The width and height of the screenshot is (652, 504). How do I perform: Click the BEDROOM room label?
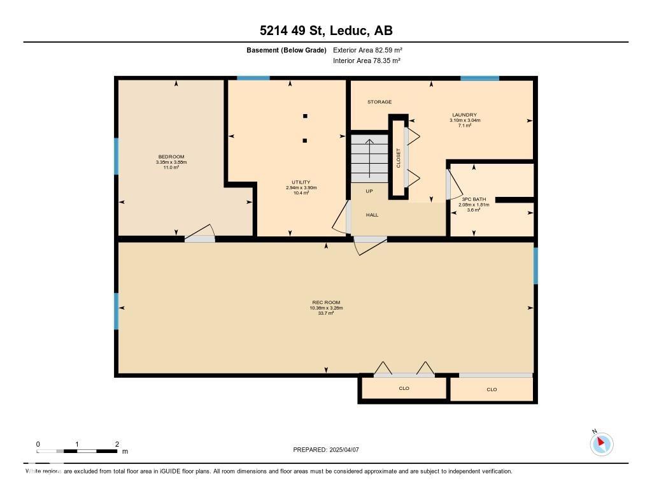point(171,157)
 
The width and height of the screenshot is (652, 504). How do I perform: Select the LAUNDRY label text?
point(464,115)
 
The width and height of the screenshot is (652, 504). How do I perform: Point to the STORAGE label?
point(379,102)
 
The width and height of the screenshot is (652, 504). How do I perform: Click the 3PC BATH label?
point(474,199)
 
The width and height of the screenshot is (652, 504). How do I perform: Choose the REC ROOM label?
point(326,302)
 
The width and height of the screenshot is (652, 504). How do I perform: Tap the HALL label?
point(372,215)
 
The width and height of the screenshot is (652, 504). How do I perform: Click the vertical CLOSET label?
point(399,157)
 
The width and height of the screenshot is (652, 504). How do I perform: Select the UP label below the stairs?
point(369,191)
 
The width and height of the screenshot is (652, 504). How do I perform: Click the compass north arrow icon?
point(601,443)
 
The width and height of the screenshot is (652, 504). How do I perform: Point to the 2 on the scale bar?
point(117,444)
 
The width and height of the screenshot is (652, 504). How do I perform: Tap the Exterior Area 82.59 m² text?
point(367,50)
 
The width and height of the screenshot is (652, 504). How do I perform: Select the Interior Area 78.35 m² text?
point(367,61)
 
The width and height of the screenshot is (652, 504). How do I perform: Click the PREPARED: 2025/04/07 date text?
point(326,450)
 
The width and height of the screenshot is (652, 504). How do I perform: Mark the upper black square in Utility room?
point(305,116)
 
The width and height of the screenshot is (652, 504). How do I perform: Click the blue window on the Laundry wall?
point(479,78)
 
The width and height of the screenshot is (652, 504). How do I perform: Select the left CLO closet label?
point(404,388)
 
